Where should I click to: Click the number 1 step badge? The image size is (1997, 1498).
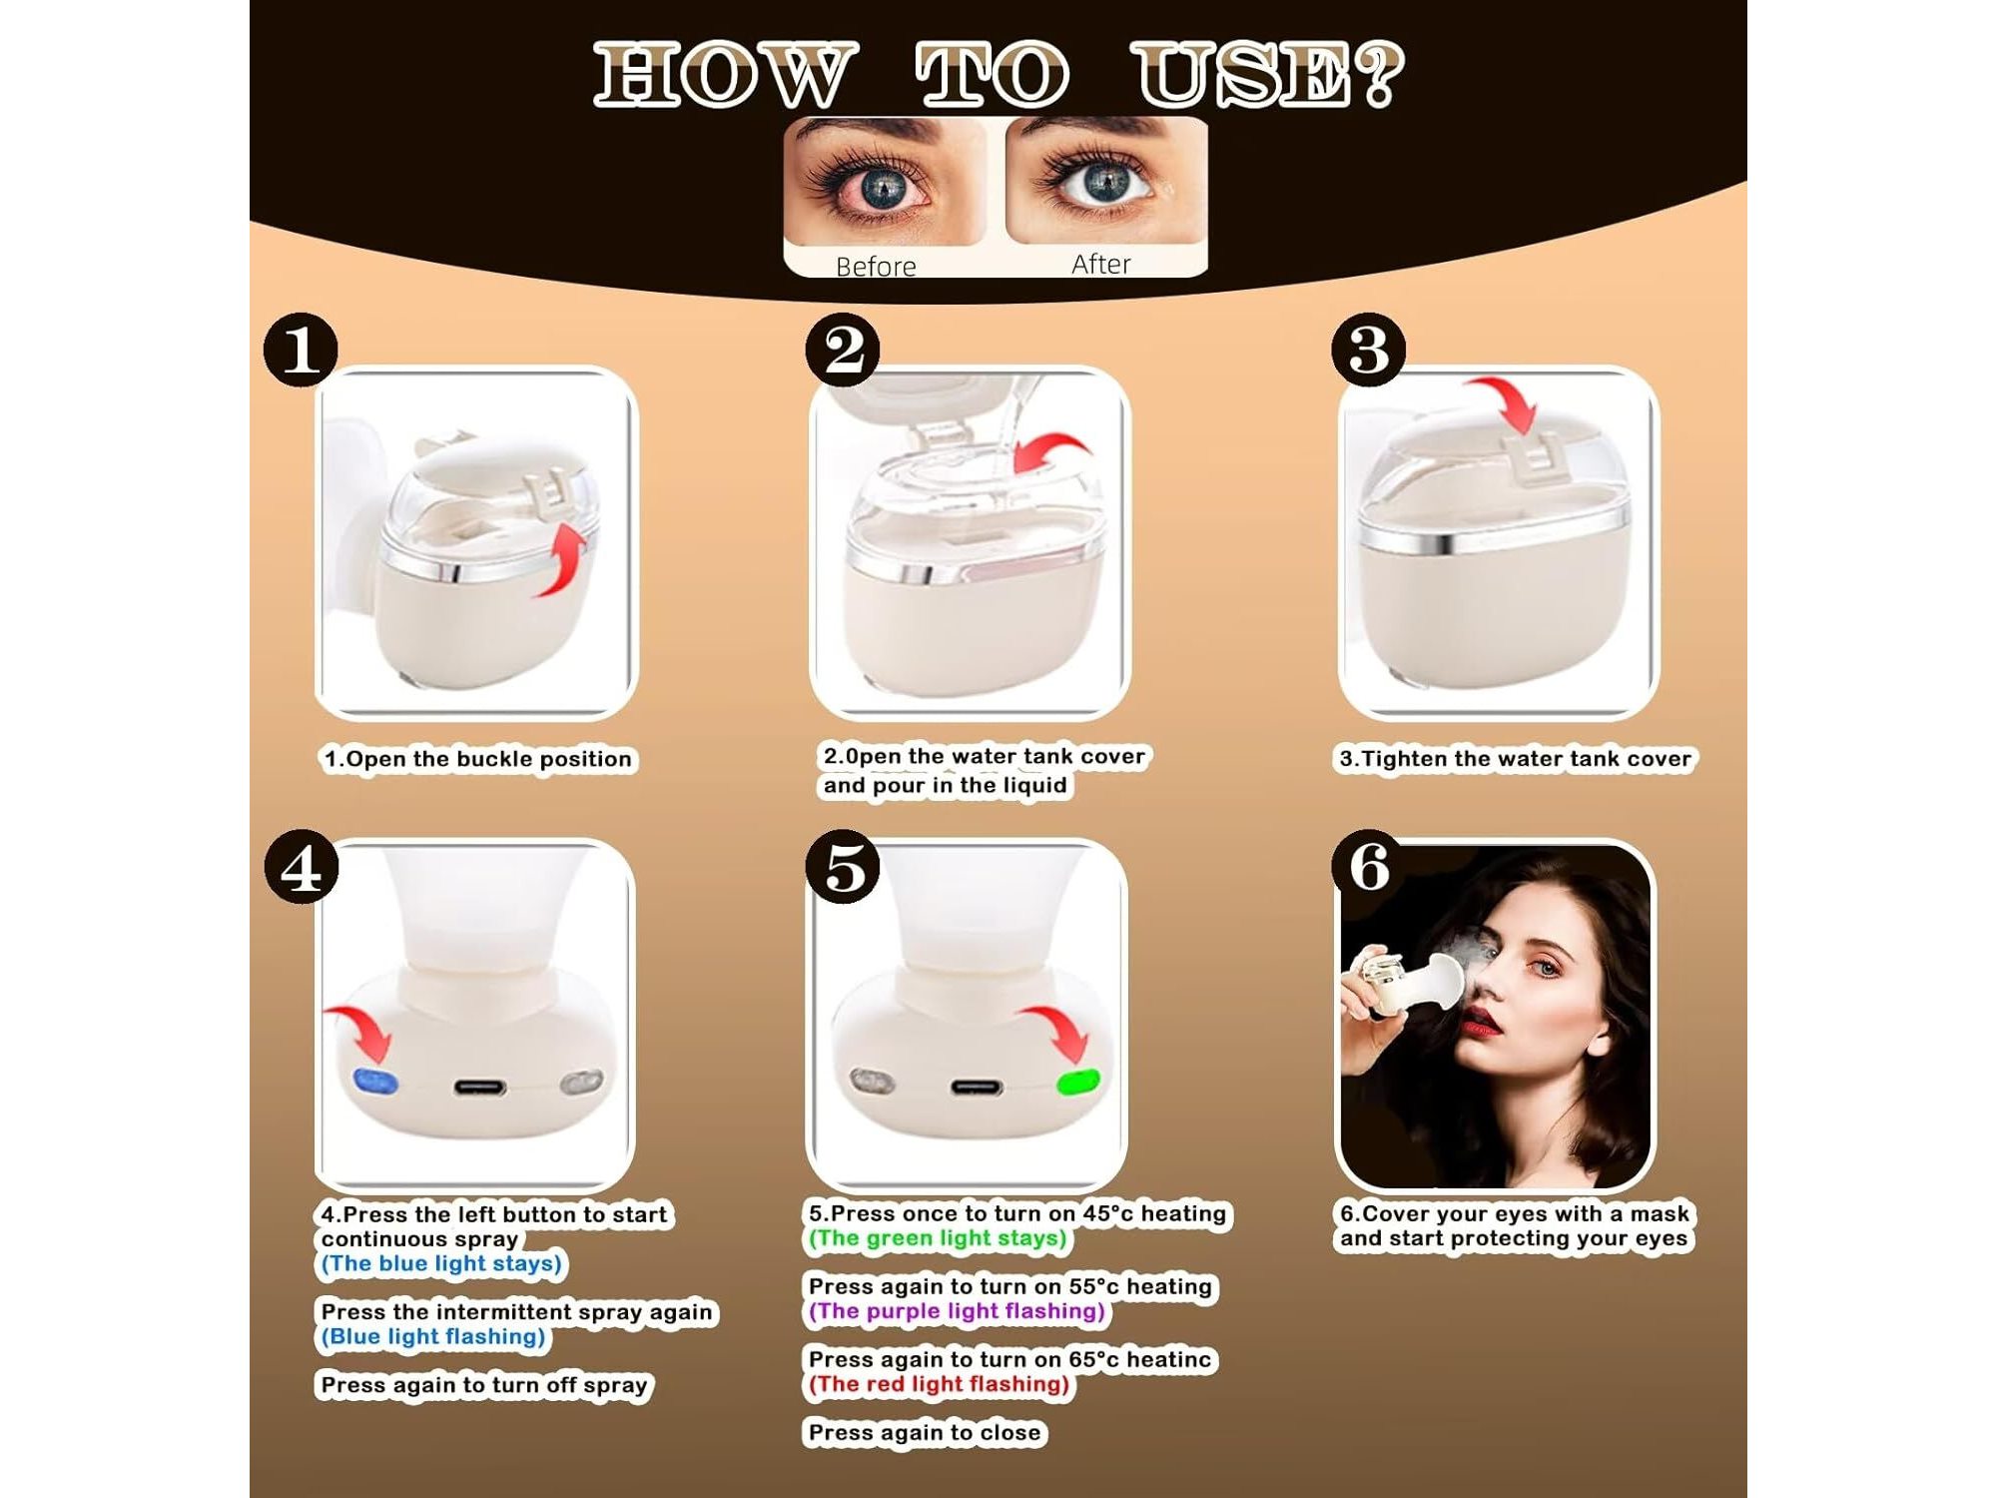(301, 350)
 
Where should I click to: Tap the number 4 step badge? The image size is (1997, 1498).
(302, 867)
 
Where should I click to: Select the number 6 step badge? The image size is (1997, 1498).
(1370, 867)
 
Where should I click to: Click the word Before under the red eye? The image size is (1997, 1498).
(876, 267)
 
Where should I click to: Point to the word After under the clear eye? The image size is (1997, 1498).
(1101, 264)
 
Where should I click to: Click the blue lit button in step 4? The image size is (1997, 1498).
(375, 1082)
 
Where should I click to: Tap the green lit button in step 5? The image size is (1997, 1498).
(1078, 1082)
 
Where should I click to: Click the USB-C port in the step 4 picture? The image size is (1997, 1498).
(480, 1087)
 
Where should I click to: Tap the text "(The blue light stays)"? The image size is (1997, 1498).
(441, 1263)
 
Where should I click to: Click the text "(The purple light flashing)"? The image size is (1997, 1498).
(957, 1311)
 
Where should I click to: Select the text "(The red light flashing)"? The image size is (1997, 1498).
(939, 1384)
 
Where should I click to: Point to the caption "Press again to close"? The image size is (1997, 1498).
(925, 1433)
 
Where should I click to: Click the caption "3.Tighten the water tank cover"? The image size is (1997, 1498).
(1516, 759)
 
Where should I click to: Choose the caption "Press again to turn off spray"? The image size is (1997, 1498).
(484, 1385)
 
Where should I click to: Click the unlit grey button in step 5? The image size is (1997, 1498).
(872, 1081)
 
